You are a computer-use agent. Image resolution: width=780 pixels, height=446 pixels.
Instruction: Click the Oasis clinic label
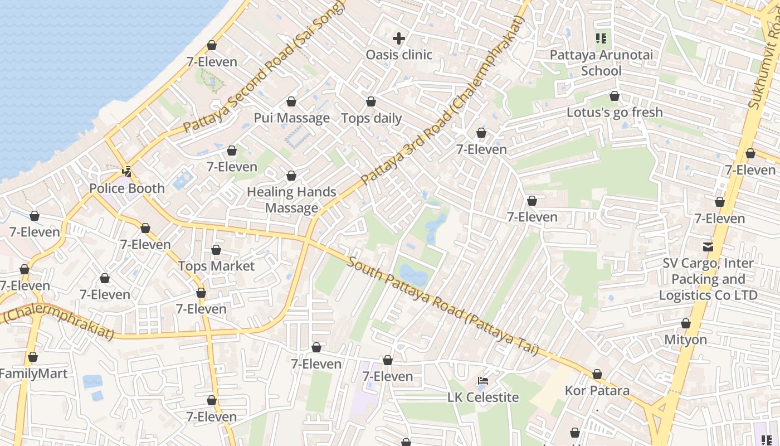pyautogui.click(x=399, y=55)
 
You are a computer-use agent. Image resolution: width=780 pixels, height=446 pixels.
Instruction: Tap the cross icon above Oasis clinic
pyautogui.click(x=399, y=38)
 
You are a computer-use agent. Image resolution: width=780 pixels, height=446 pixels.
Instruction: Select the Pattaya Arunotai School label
pyautogui.click(x=601, y=63)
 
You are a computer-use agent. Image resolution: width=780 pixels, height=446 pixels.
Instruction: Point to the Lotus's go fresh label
pyautogui.click(x=615, y=113)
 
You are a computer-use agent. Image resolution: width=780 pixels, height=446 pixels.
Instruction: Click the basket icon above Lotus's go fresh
pyautogui.click(x=615, y=96)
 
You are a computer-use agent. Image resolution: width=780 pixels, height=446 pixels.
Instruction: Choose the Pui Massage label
pyautogui.click(x=291, y=118)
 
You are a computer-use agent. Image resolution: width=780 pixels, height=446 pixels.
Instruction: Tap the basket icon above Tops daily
pyautogui.click(x=371, y=102)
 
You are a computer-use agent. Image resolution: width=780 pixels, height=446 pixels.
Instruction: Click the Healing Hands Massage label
pyautogui.click(x=291, y=200)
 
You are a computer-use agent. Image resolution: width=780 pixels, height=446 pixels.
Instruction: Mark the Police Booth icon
pyautogui.click(x=128, y=172)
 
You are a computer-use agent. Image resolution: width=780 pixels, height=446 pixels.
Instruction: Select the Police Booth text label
pyautogui.click(x=127, y=188)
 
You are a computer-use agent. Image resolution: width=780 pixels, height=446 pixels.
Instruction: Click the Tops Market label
pyautogui.click(x=216, y=266)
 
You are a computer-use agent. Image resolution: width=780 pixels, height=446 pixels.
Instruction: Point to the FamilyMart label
pyautogui.click(x=33, y=374)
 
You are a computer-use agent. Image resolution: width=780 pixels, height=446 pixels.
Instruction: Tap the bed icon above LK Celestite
pyautogui.click(x=483, y=381)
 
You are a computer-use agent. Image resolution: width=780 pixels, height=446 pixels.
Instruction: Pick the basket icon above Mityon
pyautogui.click(x=686, y=324)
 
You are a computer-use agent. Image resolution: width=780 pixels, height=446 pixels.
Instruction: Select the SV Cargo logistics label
pyautogui.click(x=708, y=279)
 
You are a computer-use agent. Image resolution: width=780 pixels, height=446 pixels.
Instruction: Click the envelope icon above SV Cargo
pyautogui.click(x=708, y=246)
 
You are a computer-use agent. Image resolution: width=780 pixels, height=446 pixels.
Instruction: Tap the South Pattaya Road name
pyautogui.click(x=443, y=306)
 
